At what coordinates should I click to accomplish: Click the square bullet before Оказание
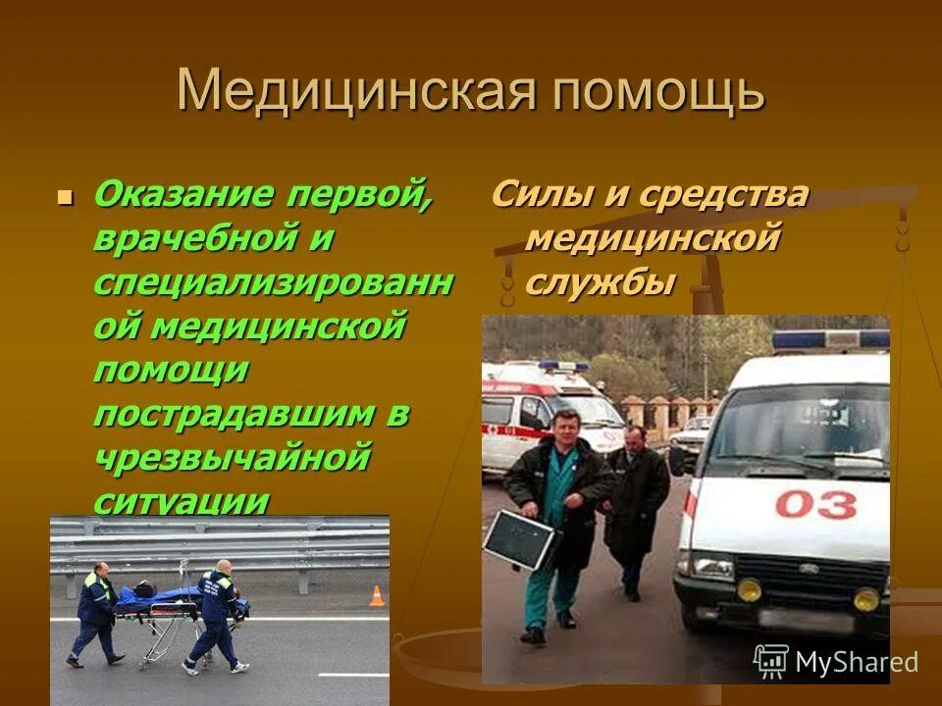tap(66, 196)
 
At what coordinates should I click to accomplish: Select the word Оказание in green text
tap(183, 194)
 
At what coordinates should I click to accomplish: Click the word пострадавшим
tap(233, 414)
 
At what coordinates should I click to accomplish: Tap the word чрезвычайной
tap(233, 457)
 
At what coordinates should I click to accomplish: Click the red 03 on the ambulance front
tap(815, 504)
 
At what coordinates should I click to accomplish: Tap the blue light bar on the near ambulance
tap(829, 340)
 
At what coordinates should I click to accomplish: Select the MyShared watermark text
tap(856, 662)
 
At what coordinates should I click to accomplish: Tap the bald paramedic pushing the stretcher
tap(217, 616)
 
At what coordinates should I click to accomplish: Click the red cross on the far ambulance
tap(510, 430)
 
